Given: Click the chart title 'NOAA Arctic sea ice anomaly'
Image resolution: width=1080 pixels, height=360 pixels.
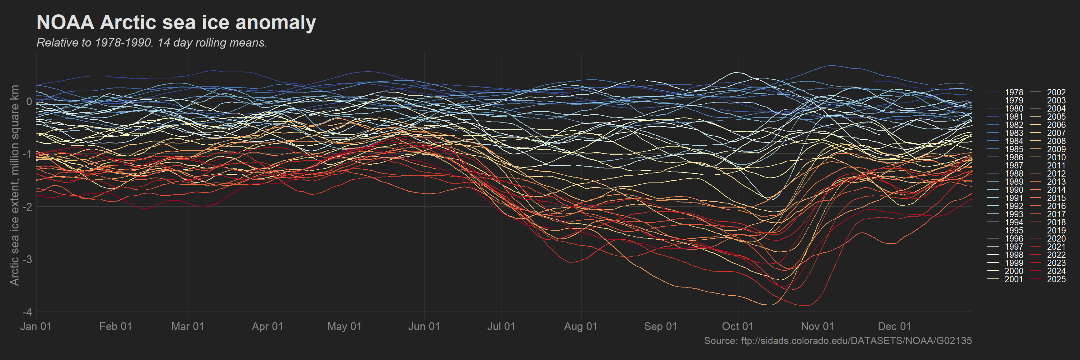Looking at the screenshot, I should (x=176, y=22).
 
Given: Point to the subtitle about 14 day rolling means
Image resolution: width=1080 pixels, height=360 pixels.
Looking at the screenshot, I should (x=152, y=43).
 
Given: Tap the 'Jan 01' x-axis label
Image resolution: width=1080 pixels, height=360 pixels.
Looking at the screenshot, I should (x=36, y=327).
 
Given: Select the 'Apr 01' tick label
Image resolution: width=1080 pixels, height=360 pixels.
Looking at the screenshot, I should (x=267, y=327).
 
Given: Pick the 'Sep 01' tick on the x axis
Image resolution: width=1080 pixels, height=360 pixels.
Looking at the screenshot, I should (x=661, y=327).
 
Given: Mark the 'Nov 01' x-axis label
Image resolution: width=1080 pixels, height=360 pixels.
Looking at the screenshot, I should (x=817, y=327).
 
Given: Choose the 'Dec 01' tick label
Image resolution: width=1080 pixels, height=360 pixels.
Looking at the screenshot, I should (x=895, y=327).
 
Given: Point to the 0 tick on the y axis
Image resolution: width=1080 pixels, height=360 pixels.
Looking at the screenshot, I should (x=29, y=102).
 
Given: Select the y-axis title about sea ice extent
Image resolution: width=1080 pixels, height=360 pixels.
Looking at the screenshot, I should (x=15, y=185).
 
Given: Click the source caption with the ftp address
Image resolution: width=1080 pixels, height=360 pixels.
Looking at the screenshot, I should (x=838, y=341).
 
